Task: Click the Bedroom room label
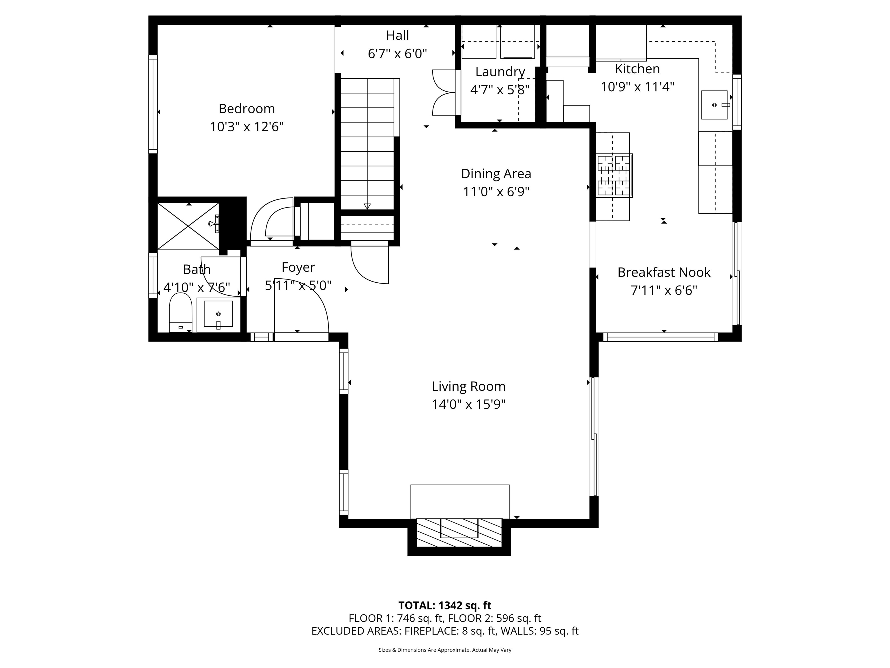click(x=247, y=109)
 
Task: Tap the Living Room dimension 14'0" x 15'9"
click(x=468, y=404)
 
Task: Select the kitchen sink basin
click(x=714, y=105)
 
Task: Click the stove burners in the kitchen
click(x=614, y=176)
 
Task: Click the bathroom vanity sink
click(x=218, y=314)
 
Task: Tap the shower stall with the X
click(x=188, y=226)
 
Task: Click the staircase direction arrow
click(x=367, y=206)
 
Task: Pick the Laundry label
click(x=500, y=72)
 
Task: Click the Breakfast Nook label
click(x=664, y=273)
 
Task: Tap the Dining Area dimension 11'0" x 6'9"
click(x=496, y=192)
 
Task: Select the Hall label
click(x=397, y=35)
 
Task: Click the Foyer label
click(x=298, y=267)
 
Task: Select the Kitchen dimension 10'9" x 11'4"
click(x=637, y=87)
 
